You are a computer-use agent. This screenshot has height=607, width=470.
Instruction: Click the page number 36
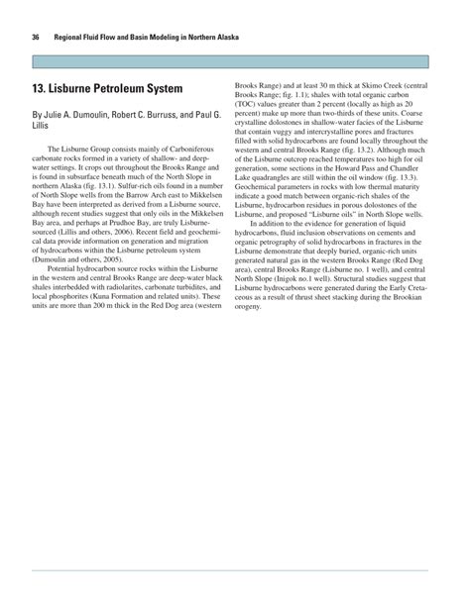pos(37,36)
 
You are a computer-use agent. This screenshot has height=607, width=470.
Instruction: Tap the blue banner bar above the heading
pos(234,62)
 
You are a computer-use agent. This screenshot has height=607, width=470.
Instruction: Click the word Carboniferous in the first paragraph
pos(189,147)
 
